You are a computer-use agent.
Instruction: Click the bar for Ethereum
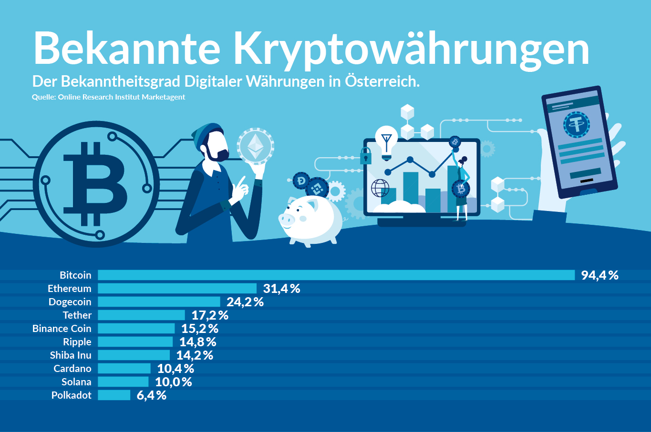click(x=177, y=289)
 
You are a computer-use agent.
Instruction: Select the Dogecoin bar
click(x=159, y=302)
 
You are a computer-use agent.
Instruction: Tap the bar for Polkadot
click(x=114, y=395)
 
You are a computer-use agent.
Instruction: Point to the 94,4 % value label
click(x=599, y=275)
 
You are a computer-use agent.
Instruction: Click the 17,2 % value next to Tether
click(x=210, y=315)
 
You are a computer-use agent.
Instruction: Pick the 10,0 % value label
click(x=173, y=382)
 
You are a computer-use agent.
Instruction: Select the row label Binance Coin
click(x=62, y=329)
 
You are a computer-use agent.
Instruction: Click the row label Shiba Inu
click(x=71, y=355)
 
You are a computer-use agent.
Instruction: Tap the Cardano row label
click(x=72, y=369)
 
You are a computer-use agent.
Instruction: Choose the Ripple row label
click(x=77, y=342)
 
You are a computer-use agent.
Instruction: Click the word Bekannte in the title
click(x=126, y=49)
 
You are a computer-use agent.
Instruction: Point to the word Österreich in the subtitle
click(x=382, y=81)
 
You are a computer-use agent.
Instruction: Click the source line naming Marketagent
click(x=108, y=97)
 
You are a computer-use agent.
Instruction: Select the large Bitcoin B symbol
click(x=95, y=184)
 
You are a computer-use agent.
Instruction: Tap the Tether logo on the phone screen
click(x=576, y=125)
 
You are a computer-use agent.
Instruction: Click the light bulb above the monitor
click(x=386, y=141)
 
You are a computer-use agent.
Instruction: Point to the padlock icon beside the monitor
click(x=366, y=156)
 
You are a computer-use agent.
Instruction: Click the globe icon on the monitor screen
click(x=380, y=188)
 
